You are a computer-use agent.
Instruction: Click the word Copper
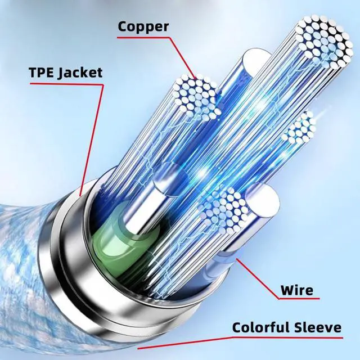click(x=143, y=26)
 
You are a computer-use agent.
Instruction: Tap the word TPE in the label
click(x=43, y=73)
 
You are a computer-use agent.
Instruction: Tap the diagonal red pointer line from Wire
click(x=262, y=279)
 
